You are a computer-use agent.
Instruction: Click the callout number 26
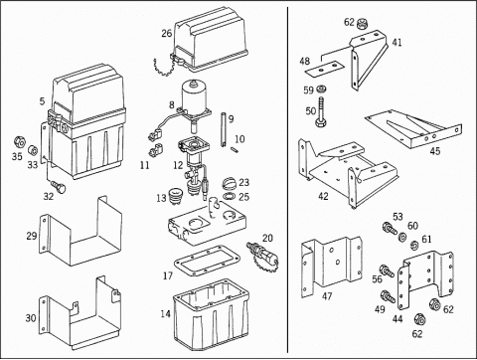click(167, 33)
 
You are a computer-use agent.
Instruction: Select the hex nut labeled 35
click(19, 142)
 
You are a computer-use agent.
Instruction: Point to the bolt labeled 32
click(59, 187)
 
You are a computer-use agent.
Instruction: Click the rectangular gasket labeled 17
click(207, 261)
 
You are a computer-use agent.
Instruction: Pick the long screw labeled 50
click(321, 111)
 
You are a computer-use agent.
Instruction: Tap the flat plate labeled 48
click(324, 69)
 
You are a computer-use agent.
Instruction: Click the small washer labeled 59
click(320, 89)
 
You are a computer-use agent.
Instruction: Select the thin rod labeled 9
click(223, 129)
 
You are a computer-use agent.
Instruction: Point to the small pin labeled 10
click(235, 149)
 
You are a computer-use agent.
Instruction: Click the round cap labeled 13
click(176, 197)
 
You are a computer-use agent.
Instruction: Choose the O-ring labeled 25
click(229, 197)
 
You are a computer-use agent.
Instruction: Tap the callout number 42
click(323, 196)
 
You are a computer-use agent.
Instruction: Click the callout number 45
click(435, 151)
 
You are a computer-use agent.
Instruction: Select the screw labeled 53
click(390, 228)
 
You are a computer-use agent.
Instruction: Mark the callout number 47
click(327, 296)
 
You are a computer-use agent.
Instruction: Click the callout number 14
click(166, 313)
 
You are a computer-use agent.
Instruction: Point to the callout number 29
click(32, 236)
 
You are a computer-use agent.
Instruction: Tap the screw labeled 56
click(387, 270)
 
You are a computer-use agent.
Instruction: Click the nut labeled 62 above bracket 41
click(363, 24)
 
